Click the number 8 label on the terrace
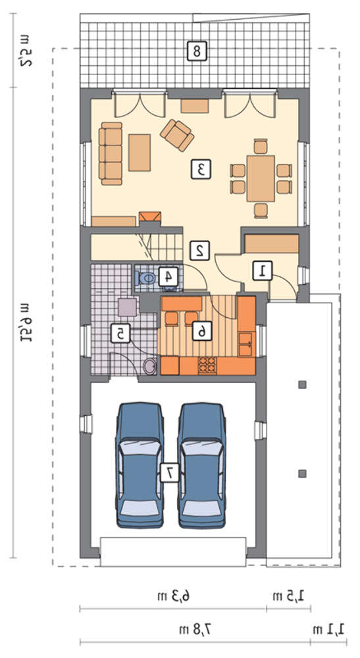(196, 51)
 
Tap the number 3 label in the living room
(201, 170)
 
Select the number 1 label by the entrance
(263, 270)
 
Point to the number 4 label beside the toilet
(168, 276)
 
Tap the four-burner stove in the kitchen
(208, 365)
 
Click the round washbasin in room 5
(149, 367)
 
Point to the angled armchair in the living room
(176, 135)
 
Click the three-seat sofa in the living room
(111, 153)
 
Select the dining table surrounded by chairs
(261, 178)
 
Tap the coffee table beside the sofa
(140, 153)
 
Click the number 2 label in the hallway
(199, 251)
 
